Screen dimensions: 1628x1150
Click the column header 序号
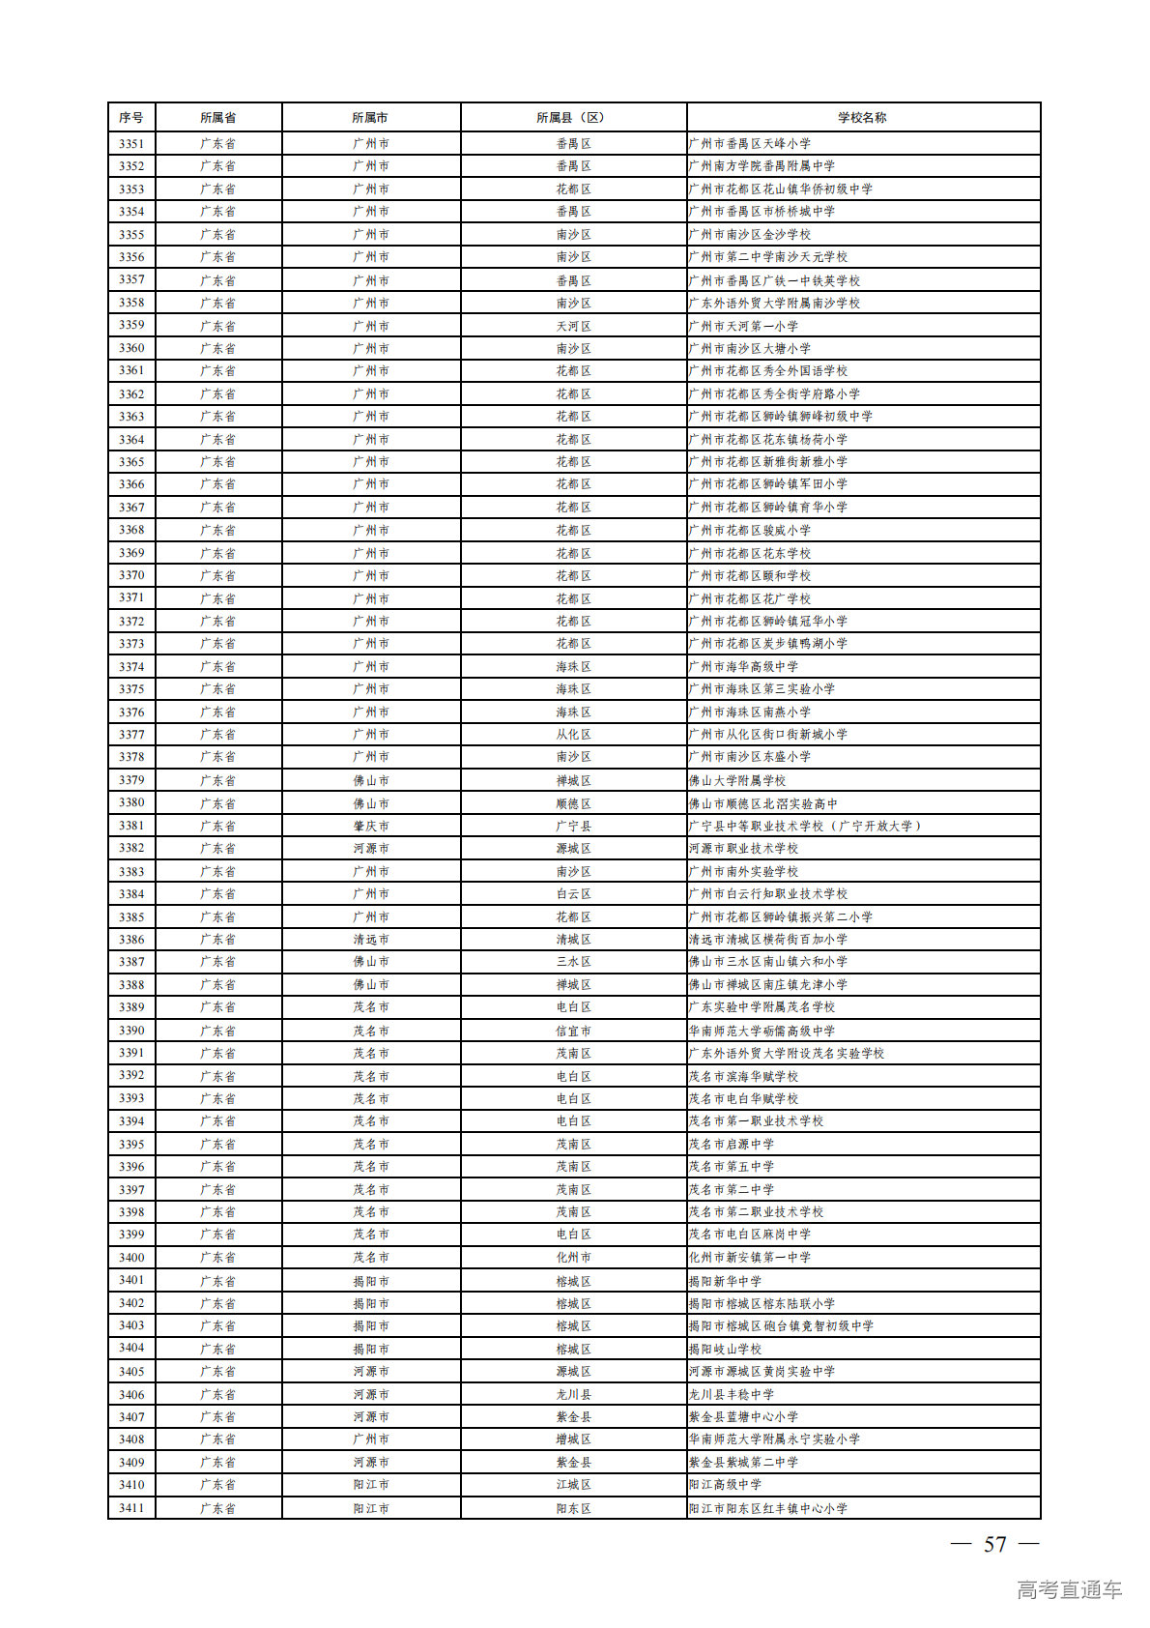[x=131, y=118]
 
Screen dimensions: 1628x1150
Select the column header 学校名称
[x=862, y=118]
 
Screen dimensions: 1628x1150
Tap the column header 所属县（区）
[x=573, y=118]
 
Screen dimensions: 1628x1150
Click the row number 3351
[x=131, y=144]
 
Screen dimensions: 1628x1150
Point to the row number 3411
[x=131, y=1508]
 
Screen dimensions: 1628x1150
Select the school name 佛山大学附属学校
[x=737, y=780]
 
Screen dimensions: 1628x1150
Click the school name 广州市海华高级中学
[x=743, y=667]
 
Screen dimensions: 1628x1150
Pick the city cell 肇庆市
[x=371, y=827]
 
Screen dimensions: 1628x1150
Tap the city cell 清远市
[x=371, y=940]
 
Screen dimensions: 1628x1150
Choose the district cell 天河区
[x=573, y=326]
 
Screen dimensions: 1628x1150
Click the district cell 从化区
[x=573, y=735]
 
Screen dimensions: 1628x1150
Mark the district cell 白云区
[x=573, y=894]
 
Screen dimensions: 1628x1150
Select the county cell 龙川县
[x=573, y=1395]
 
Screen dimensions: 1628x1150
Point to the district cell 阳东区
[x=573, y=1508]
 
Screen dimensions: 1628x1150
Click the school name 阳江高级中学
[x=725, y=1485]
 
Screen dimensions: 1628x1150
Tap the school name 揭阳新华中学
[x=725, y=1281]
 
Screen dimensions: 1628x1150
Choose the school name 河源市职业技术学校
[x=743, y=849]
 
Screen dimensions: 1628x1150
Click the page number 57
[x=994, y=1545]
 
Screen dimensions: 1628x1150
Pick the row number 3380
[x=131, y=803]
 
